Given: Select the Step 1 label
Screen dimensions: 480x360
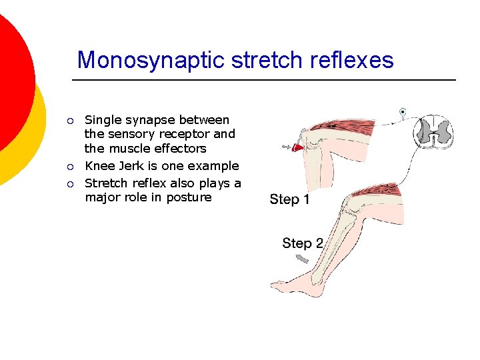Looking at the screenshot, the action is tap(289, 199).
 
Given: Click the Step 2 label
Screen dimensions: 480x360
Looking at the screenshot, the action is tap(302, 243).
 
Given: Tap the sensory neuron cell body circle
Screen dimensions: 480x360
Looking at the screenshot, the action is tap(403, 111).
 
